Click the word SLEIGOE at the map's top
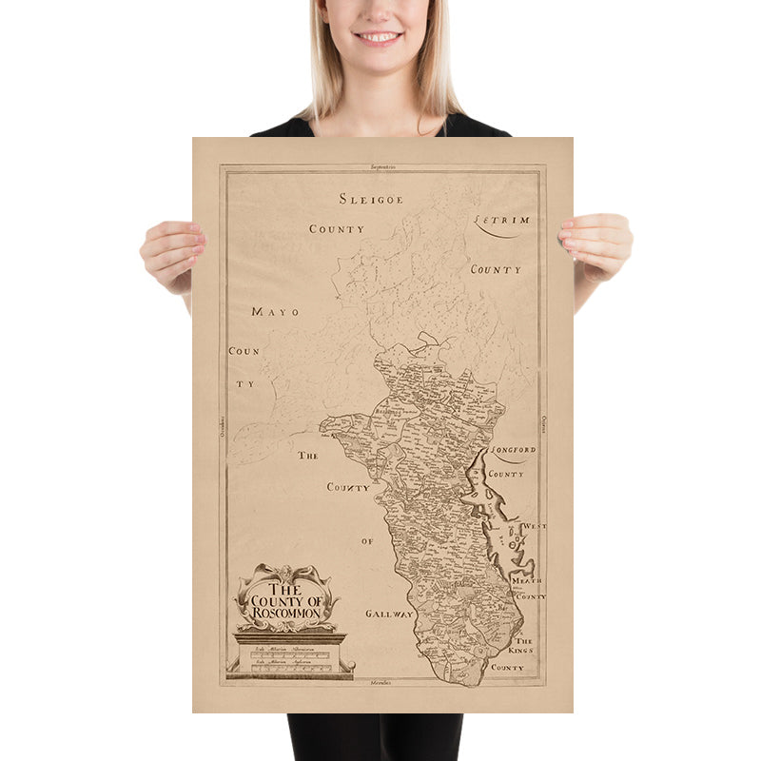[x=371, y=199]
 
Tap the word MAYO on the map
[x=275, y=311]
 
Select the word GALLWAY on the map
[x=389, y=615]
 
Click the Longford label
[x=514, y=450]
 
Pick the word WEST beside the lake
[x=534, y=526]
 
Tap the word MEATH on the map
[x=527, y=578]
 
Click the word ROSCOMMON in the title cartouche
[x=286, y=614]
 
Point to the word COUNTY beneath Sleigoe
[x=337, y=229]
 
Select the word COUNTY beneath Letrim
[x=496, y=269]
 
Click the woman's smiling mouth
[x=379, y=37]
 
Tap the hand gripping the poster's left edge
[x=172, y=253]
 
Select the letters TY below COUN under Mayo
[x=245, y=384]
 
